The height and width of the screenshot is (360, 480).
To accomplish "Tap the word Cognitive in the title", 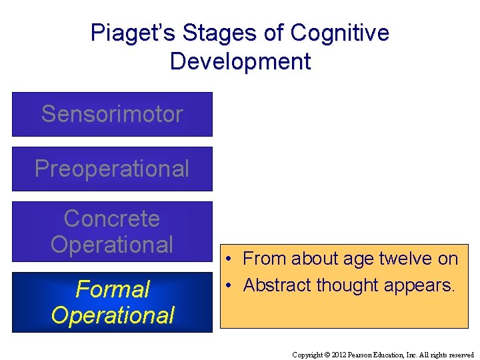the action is pyautogui.click(x=339, y=33).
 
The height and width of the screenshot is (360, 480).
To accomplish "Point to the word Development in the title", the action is pyautogui.click(x=240, y=61).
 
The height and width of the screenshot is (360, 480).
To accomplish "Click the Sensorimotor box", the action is pyautogui.click(x=112, y=114).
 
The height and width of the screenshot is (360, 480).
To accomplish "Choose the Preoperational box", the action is pyautogui.click(x=112, y=169).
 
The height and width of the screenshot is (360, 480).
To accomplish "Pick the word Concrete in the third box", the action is pyautogui.click(x=112, y=219).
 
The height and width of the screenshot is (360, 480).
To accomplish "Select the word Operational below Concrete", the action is pyautogui.click(x=112, y=245).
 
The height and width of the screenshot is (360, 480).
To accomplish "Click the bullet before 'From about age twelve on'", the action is pyautogui.click(x=228, y=259).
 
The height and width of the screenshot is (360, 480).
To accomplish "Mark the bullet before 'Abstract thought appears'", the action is pyautogui.click(x=228, y=285).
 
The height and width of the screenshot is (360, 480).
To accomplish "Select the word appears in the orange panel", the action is pyautogui.click(x=421, y=286).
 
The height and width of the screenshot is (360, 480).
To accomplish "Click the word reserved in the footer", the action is pyautogui.click(x=461, y=355).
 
